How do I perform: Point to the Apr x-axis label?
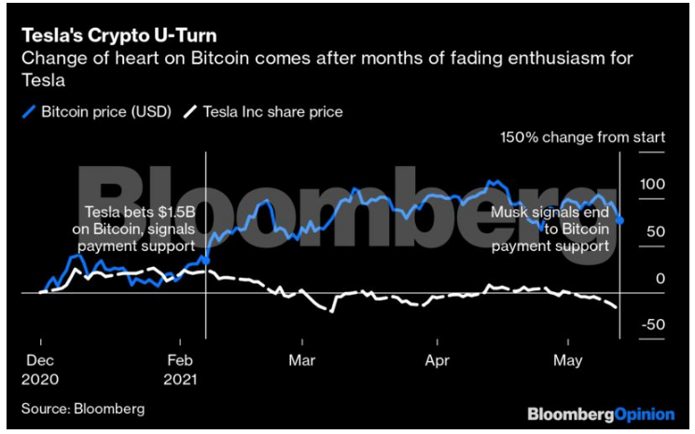tap(438, 358)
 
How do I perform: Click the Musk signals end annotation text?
tap(549, 229)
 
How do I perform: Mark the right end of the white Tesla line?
tap(617, 307)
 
